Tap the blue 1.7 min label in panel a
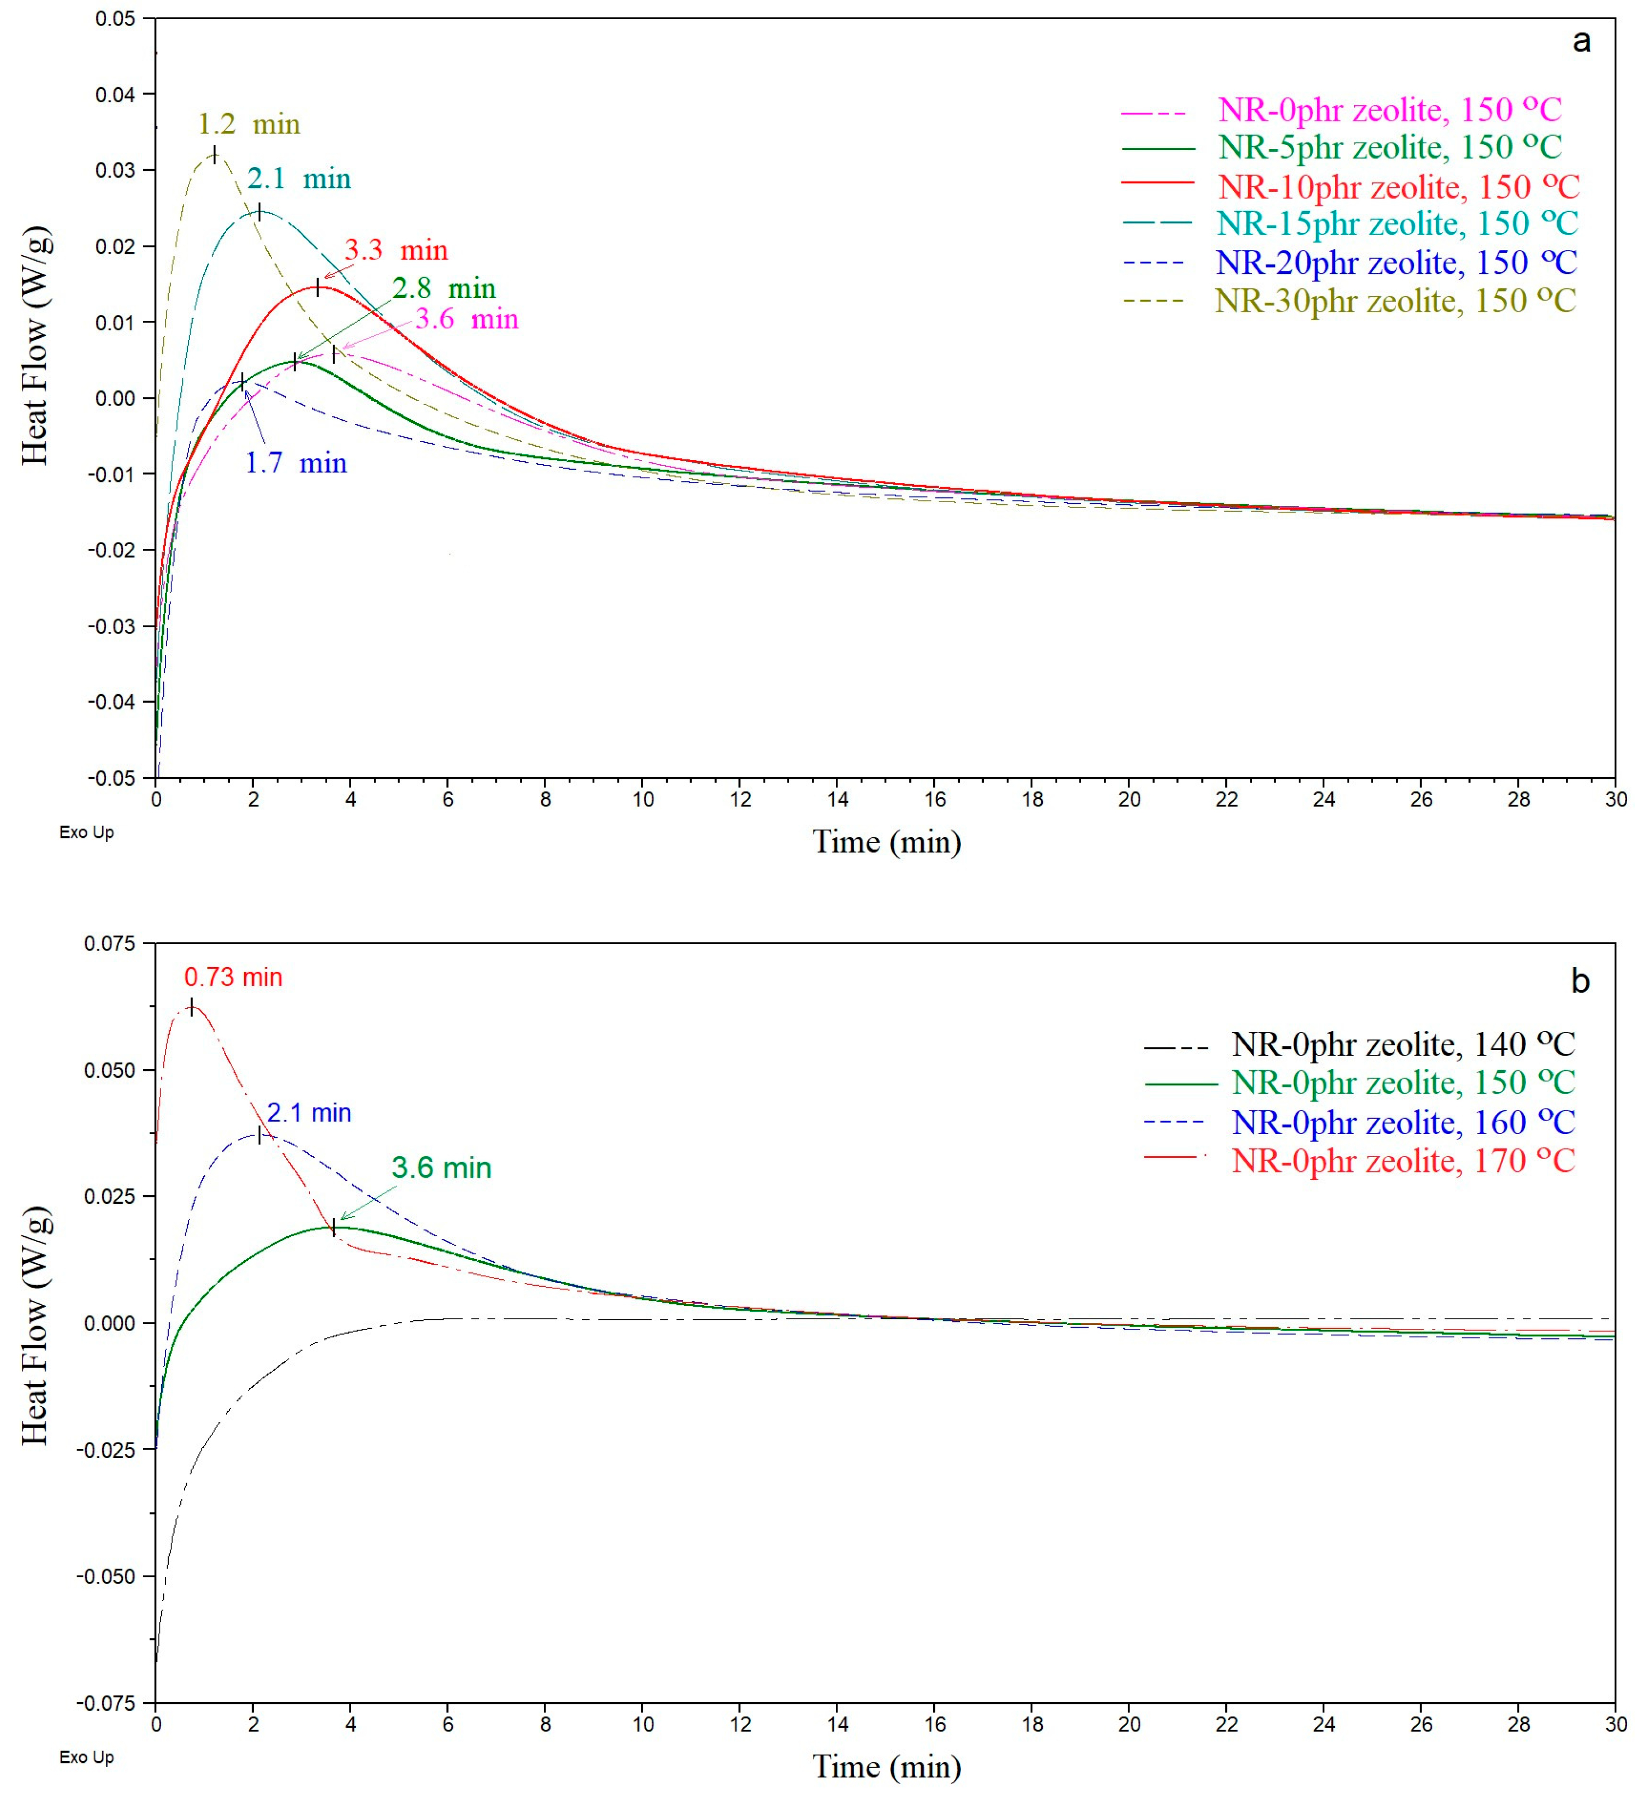(295, 463)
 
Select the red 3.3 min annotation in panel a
(395, 250)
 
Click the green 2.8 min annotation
(444, 288)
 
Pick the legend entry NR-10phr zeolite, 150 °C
(1398, 187)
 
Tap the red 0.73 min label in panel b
(233, 977)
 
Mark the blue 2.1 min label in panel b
(309, 1113)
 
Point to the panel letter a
(1581, 41)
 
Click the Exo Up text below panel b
(87, 1757)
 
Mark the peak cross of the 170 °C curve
(192, 1006)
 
